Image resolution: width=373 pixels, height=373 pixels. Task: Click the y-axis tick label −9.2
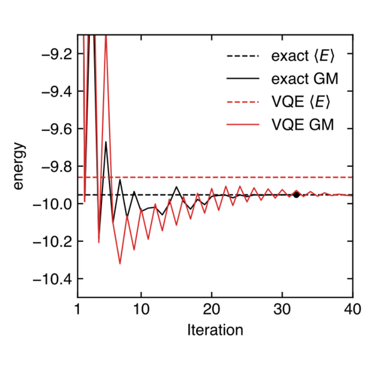coord(54,54)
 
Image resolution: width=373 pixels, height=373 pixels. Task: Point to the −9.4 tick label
coord(54,91)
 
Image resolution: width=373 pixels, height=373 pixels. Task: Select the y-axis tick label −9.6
coord(54,128)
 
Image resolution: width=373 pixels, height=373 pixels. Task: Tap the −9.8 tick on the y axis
coord(54,166)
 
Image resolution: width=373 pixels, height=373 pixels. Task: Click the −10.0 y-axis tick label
coord(52,204)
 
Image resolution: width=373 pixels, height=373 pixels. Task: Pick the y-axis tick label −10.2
coord(52,242)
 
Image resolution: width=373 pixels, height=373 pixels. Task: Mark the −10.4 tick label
coord(52,279)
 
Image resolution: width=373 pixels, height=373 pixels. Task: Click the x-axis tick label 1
coord(78,310)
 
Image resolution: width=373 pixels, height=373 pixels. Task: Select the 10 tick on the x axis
coord(141,310)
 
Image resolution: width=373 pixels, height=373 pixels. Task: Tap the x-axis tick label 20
coord(211,310)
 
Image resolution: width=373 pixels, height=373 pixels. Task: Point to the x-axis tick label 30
coord(282,310)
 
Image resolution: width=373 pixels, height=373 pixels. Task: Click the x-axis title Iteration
coord(215,329)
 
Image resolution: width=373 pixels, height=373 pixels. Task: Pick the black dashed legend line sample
coord(243,57)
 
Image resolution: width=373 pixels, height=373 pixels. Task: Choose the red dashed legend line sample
coord(243,102)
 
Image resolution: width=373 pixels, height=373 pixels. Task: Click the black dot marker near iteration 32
coord(297,194)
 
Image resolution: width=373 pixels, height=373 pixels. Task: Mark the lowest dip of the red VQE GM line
coord(120,263)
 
